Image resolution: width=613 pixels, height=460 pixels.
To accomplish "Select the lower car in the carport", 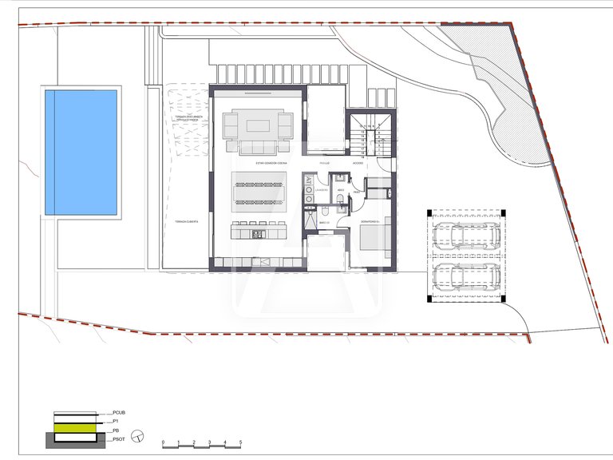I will pyautogui.click(x=467, y=277).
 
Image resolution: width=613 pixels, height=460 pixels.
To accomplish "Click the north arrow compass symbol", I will pyautogui.click(x=137, y=435).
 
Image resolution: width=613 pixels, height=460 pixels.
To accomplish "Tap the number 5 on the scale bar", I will pyautogui.click(x=240, y=442).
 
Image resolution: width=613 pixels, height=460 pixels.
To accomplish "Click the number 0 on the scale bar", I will pyautogui.click(x=163, y=442).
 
